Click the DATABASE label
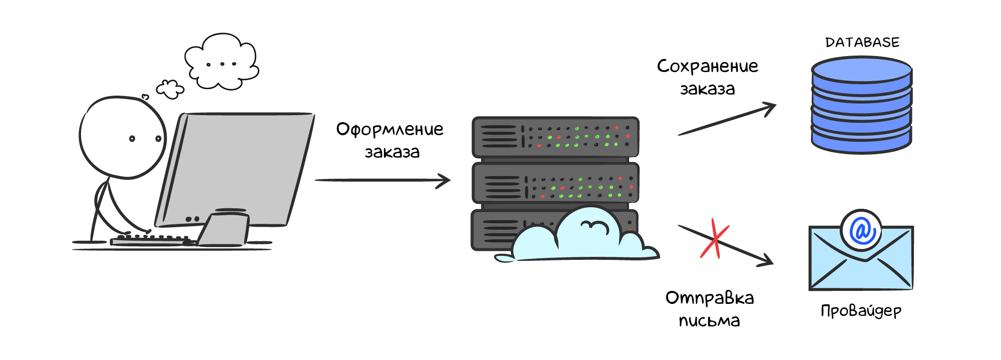(x=862, y=43)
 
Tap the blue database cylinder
(x=861, y=105)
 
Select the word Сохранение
(x=707, y=67)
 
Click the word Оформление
(x=389, y=130)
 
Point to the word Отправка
(x=709, y=298)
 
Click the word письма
(x=709, y=321)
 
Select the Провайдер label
(x=861, y=311)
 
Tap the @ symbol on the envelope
(x=861, y=230)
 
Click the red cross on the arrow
(x=715, y=239)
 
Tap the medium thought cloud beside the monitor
(x=170, y=89)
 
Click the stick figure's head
(x=123, y=137)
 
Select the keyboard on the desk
(x=150, y=240)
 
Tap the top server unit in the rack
(x=555, y=137)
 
